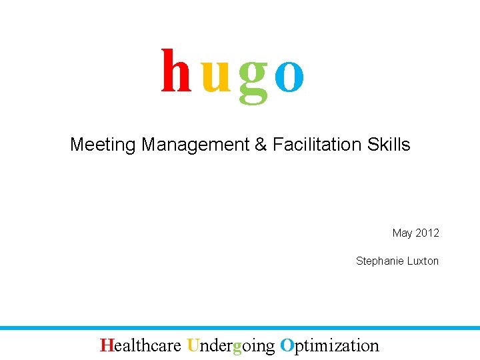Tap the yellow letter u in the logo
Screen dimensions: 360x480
(215, 77)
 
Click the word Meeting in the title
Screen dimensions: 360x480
(103, 145)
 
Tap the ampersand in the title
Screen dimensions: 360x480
(261, 145)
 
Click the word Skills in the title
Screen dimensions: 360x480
(389, 144)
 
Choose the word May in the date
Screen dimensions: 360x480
(403, 233)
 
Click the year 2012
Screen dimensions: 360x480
(427, 233)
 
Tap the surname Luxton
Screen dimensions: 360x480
(422, 261)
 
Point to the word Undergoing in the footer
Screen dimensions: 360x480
(231, 346)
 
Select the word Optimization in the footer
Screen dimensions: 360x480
(329, 346)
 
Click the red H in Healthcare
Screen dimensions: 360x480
(106, 345)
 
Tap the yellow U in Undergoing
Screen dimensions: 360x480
(193, 345)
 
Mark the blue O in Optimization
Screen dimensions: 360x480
(287, 345)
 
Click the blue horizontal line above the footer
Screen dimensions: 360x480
(240, 328)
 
